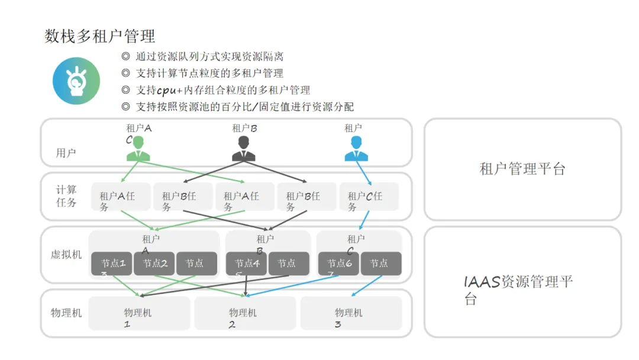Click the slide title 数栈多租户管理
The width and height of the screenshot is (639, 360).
coord(100,36)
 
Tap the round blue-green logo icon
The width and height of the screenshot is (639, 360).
coord(76,81)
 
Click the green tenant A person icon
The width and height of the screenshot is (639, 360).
coord(138,149)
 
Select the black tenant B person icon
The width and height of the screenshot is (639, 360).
coord(243,149)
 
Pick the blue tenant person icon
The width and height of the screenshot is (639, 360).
coord(356,149)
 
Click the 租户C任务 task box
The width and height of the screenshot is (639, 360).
coord(369,197)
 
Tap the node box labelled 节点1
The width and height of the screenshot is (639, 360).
coord(112,264)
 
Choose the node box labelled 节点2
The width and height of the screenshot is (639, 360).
coord(154,264)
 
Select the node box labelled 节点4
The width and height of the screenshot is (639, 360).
coord(247,264)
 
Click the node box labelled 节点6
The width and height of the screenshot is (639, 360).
coord(339,264)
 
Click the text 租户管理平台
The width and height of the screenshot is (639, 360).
coord(522,169)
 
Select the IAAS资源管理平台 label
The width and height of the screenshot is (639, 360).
coord(518,290)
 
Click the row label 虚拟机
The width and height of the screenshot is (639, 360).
coord(66,255)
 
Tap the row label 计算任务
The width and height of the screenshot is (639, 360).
coord(66,196)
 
